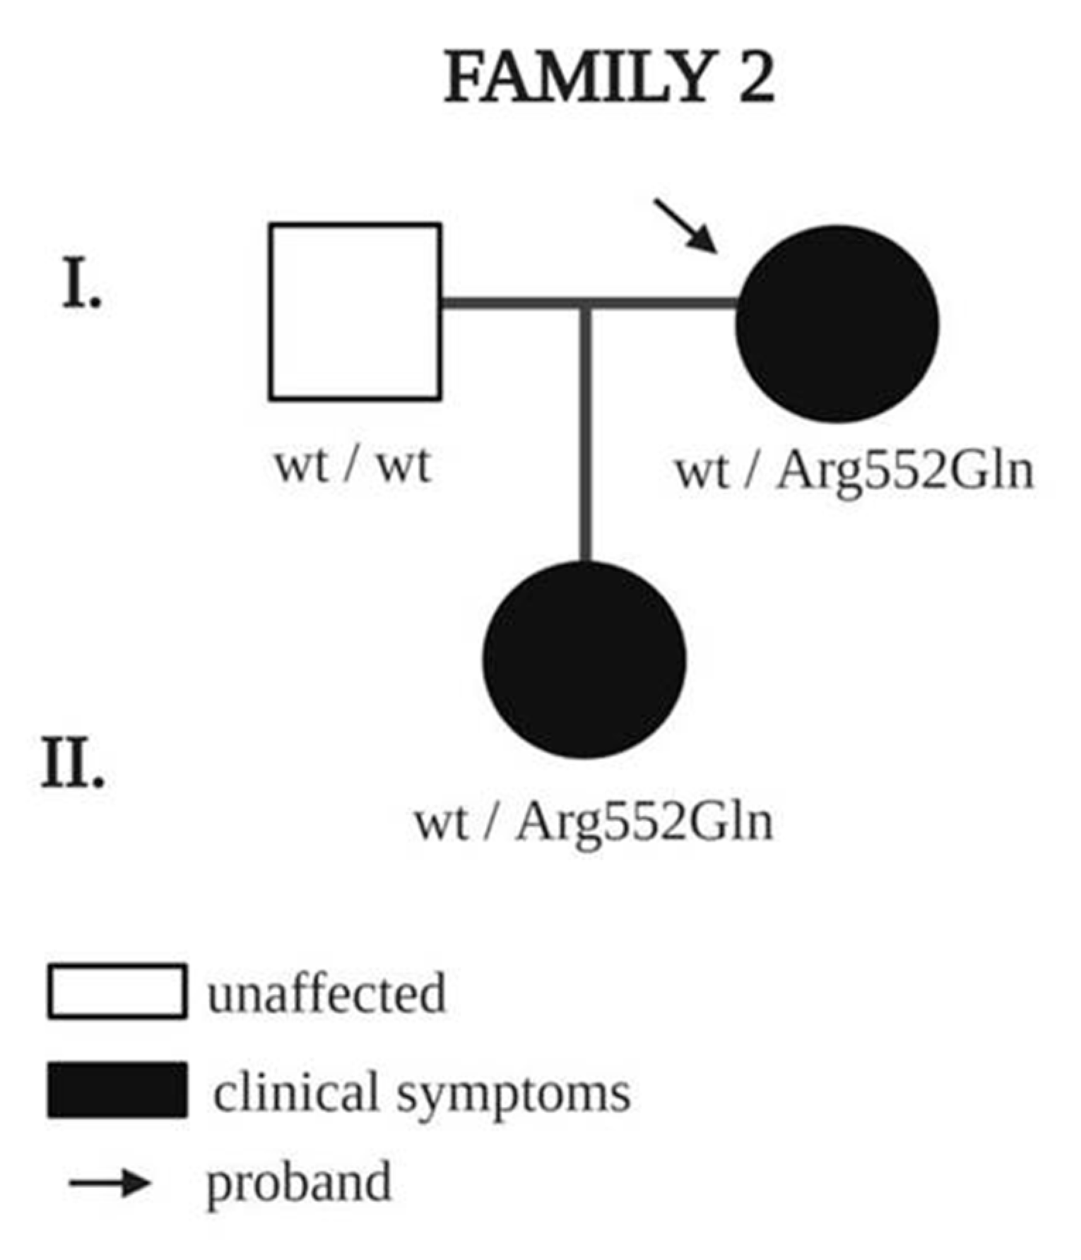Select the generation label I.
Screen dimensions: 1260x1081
click(81, 284)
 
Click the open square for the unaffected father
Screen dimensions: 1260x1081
click(355, 311)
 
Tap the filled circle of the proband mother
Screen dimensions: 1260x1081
click(837, 323)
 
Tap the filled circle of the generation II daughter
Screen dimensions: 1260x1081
click(584, 660)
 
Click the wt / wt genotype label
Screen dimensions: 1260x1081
click(353, 465)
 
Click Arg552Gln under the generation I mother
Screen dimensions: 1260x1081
click(905, 471)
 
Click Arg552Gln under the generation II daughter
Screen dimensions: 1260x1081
click(644, 823)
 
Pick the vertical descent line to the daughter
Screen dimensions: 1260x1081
click(585, 431)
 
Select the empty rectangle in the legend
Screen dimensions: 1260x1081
click(117, 991)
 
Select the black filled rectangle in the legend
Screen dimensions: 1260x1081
click(117, 1090)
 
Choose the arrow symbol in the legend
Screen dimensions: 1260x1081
click(110, 1182)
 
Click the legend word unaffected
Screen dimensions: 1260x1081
click(326, 993)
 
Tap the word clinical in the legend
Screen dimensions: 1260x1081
click(297, 1092)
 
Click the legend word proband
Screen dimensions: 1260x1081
click(298, 1184)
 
